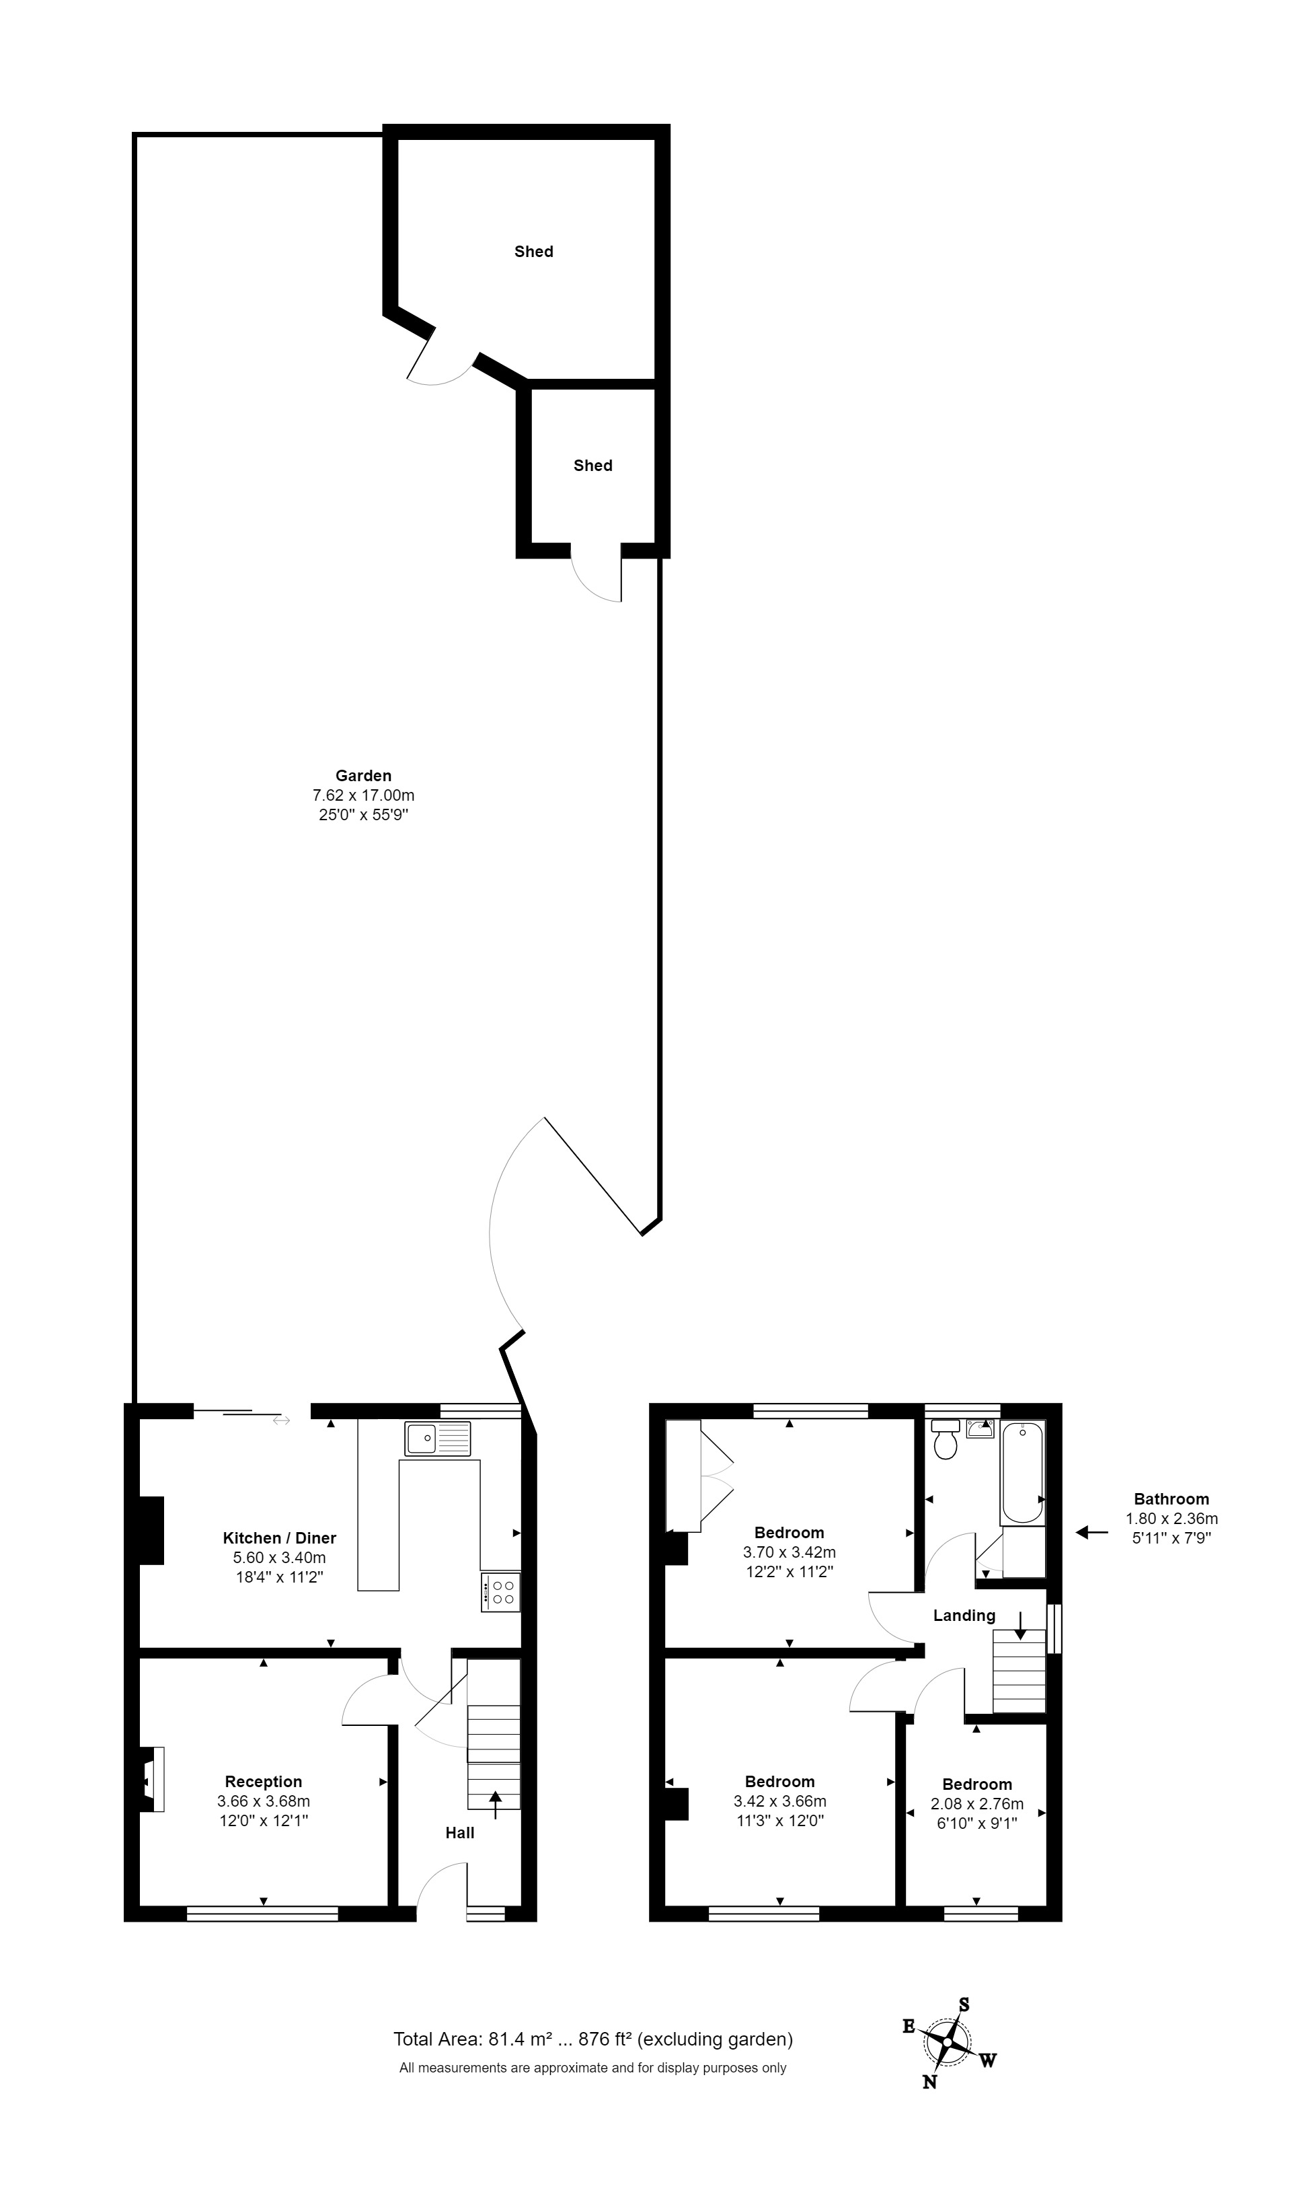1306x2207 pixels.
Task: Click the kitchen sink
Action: pos(437,1439)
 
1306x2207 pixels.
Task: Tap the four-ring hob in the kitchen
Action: pos(501,1591)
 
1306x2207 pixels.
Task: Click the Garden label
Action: pos(363,776)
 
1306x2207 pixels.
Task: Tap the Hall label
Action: pos(459,1833)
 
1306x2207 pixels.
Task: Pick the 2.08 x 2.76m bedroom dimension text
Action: pos(977,1804)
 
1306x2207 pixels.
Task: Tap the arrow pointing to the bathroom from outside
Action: pos(1092,1533)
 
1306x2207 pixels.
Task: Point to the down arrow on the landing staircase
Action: pos(1020,1626)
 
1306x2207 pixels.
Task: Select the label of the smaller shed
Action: pos(593,466)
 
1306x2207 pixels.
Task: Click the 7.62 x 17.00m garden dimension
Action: pos(363,795)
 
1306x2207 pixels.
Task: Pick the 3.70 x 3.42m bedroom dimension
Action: pos(790,1552)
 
